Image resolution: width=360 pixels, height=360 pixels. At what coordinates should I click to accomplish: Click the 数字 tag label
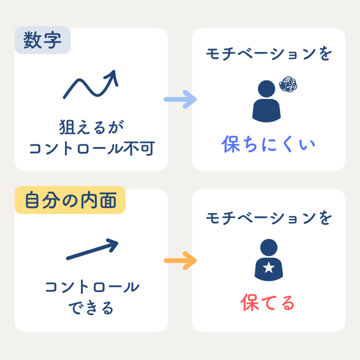[x=43, y=41]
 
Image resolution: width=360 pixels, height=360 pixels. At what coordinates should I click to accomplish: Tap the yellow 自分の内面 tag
[x=70, y=201]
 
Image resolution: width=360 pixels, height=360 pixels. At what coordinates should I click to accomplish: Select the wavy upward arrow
[x=91, y=84]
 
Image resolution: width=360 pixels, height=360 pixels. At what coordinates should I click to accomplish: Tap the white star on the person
[x=269, y=269]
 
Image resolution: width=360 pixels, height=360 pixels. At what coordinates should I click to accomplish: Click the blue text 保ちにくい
[x=269, y=144]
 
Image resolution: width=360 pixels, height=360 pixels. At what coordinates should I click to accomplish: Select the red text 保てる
[x=268, y=303]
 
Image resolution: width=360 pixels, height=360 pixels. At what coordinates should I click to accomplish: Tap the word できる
[x=91, y=308]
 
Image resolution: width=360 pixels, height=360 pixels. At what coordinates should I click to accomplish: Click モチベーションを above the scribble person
[x=269, y=55]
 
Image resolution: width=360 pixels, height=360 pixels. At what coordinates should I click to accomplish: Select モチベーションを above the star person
[x=269, y=218]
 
